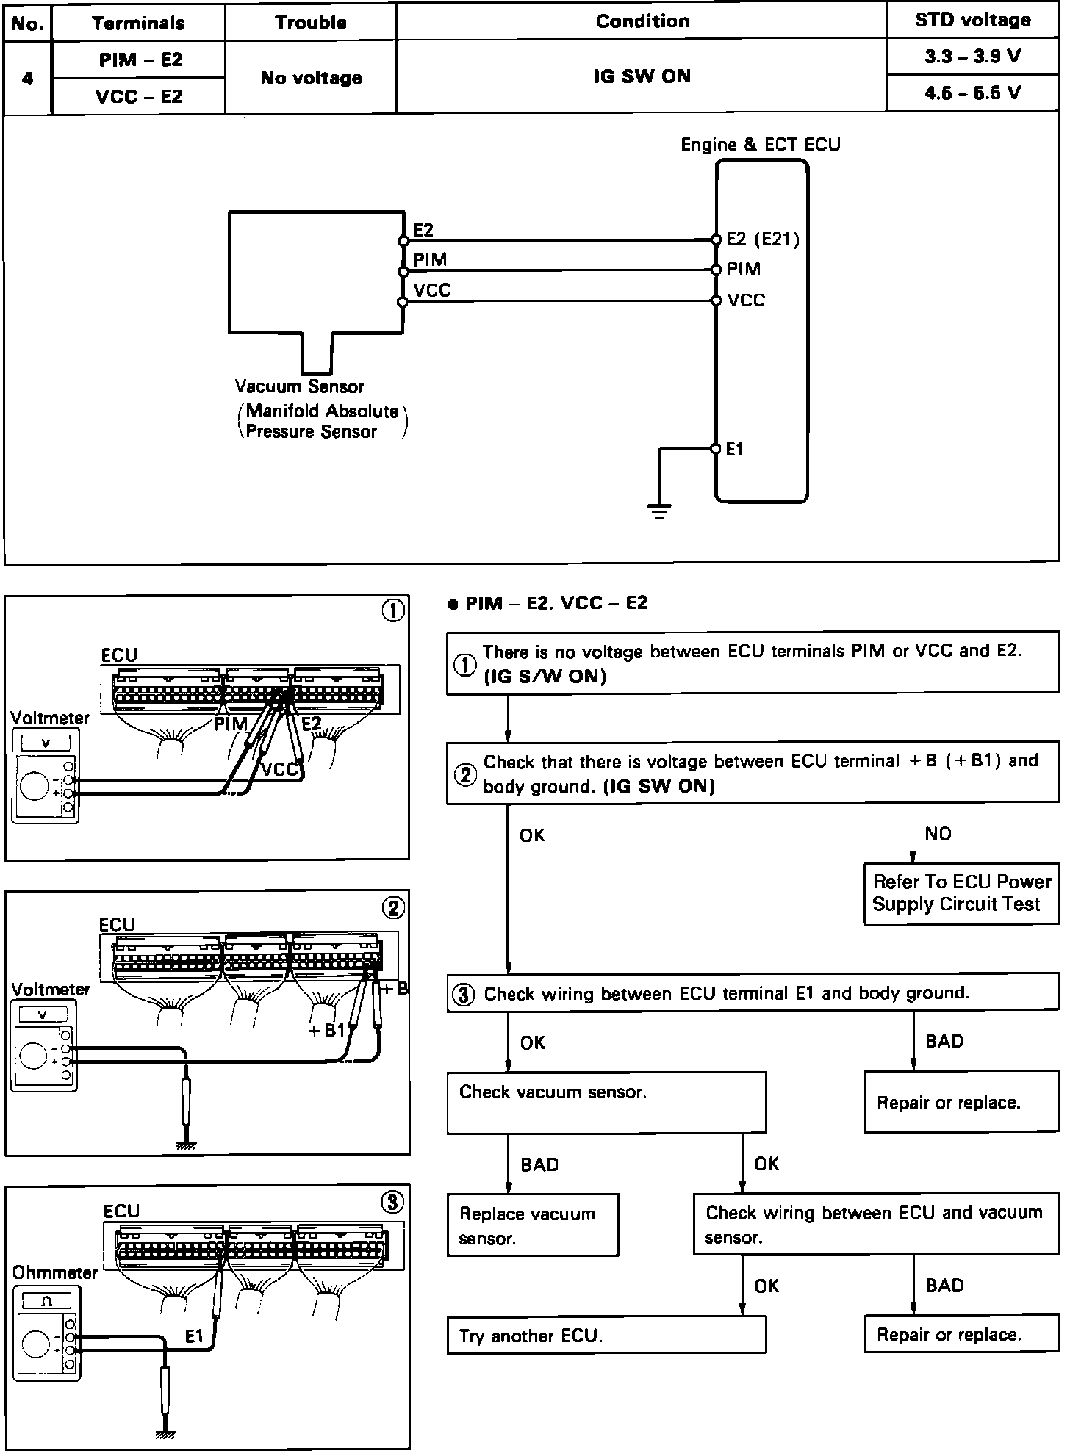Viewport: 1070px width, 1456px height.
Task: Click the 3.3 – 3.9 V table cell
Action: tap(972, 57)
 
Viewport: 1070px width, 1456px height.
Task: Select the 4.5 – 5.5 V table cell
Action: tap(972, 93)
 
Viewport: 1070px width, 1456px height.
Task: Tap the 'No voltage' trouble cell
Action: tap(311, 78)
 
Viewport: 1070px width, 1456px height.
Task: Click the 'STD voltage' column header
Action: tap(972, 21)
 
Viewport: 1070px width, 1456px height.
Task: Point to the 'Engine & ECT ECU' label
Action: tap(760, 145)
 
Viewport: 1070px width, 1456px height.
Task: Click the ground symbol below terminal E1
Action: tap(659, 510)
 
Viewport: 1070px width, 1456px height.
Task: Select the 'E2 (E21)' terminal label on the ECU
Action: tap(762, 239)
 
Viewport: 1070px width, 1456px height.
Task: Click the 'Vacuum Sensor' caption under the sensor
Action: tap(299, 386)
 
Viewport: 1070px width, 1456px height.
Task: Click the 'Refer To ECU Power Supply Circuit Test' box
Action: tap(961, 893)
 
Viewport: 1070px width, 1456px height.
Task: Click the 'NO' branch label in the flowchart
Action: tap(938, 834)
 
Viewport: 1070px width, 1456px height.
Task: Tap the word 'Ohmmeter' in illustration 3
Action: tap(55, 1273)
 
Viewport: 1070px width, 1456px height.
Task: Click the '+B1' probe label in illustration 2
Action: tap(326, 1030)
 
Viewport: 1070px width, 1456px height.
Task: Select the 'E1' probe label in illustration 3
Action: tap(194, 1336)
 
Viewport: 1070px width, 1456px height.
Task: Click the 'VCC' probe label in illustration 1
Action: tap(280, 769)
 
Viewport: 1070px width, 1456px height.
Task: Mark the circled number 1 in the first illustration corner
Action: tap(394, 611)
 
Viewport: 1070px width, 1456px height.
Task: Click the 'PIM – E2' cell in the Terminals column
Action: tap(140, 60)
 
